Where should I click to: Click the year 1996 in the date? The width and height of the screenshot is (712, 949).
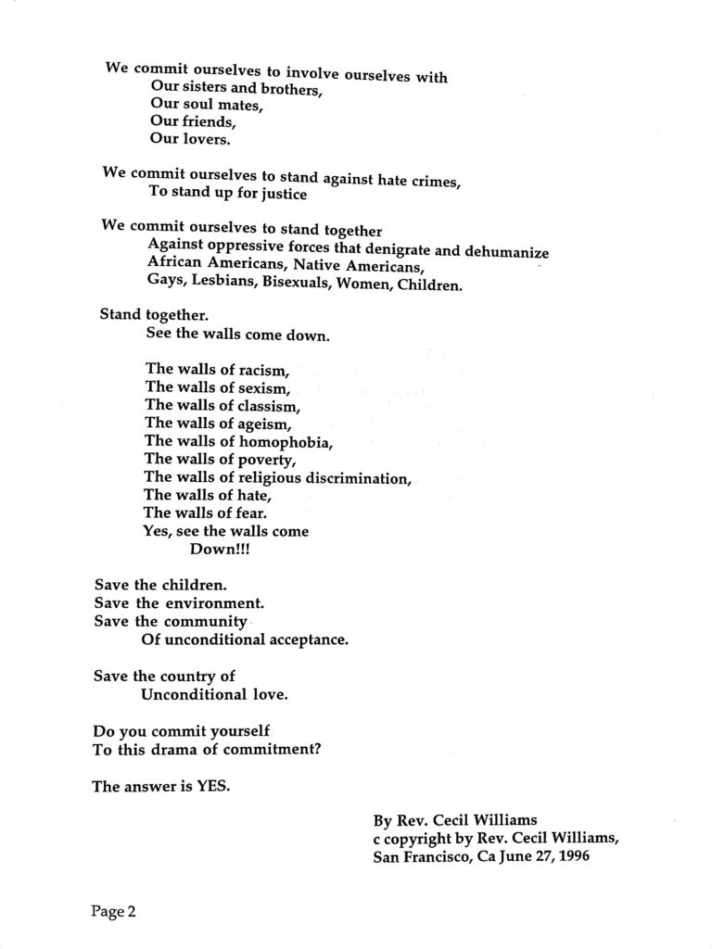pos(567,857)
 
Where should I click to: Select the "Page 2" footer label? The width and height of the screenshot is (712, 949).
pos(113,912)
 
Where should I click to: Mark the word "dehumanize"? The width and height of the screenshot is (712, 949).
pos(507,252)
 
